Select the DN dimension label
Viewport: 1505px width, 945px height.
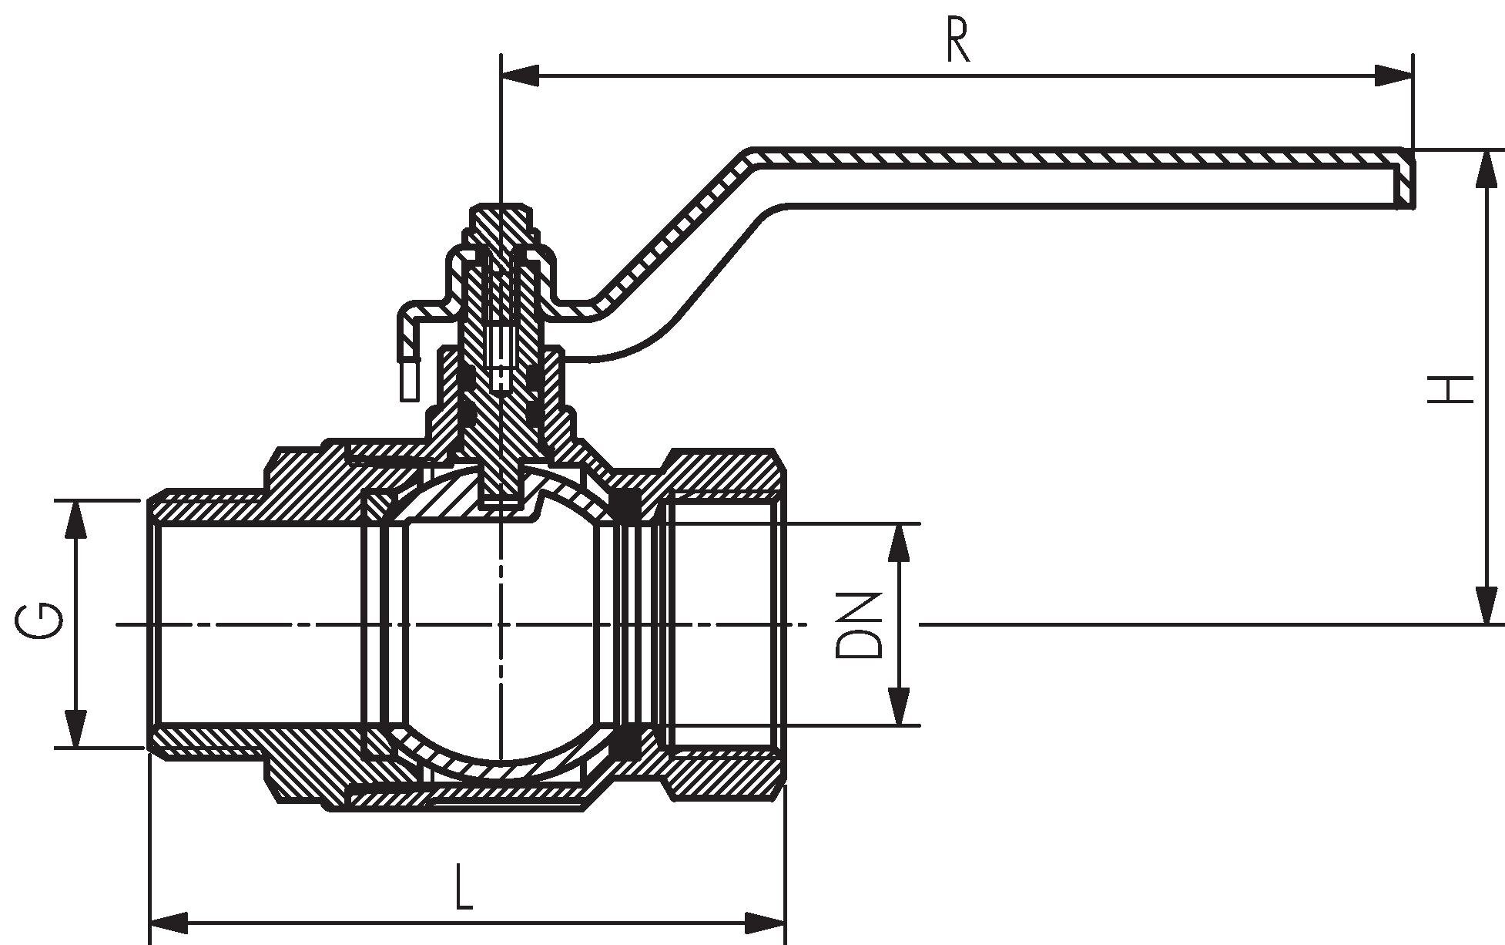point(857,624)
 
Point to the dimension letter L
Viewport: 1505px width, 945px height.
point(463,886)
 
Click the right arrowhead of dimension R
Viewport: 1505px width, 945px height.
point(1394,76)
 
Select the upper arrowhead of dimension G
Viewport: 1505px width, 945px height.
point(75,520)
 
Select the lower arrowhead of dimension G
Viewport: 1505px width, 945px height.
point(75,728)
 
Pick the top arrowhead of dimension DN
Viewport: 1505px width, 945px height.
point(898,543)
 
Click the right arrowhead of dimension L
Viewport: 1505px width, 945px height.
point(766,922)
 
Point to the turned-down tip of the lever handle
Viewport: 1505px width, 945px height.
point(1406,189)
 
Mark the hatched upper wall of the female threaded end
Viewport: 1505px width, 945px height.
point(724,472)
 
